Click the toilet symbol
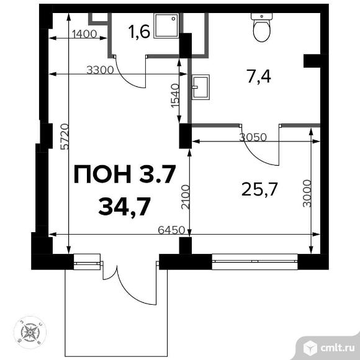[262, 27]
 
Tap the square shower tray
[166, 25]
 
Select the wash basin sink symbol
[201, 88]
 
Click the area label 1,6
[139, 31]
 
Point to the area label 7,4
[259, 77]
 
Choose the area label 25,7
[259, 189]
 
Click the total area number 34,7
[124, 207]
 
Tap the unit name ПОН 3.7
[125, 174]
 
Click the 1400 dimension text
[84, 34]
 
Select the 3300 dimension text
[100, 70]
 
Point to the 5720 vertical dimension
[65, 137]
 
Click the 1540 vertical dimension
[175, 96]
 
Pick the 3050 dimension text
[253, 138]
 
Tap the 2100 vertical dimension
[186, 197]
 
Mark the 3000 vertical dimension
[307, 194]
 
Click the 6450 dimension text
[171, 230]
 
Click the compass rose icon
[30, 332]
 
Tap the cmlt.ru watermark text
[338, 348]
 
